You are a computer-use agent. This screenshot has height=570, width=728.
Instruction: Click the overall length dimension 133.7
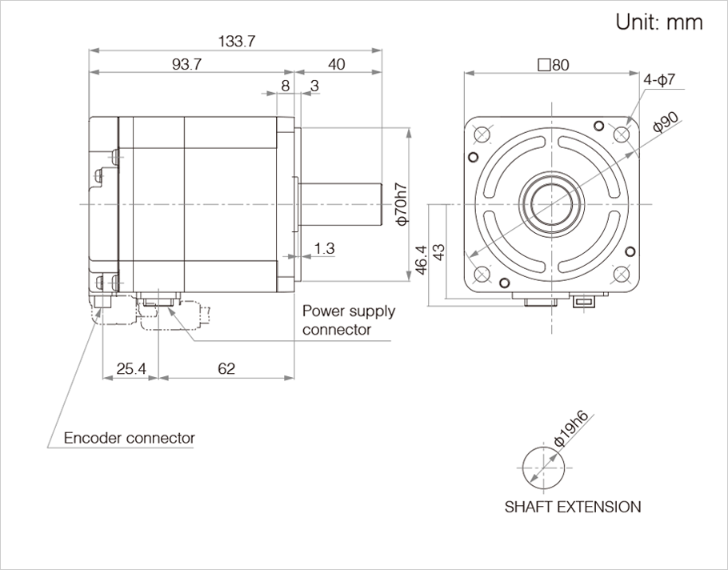click(x=235, y=42)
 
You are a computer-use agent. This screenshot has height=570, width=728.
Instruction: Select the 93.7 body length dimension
click(x=186, y=65)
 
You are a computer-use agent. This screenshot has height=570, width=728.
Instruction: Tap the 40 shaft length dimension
click(x=337, y=65)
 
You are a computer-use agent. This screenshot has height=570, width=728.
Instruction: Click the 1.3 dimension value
click(x=324, y=248)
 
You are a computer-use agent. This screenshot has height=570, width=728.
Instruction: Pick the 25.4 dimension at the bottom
click(x=130, y=368)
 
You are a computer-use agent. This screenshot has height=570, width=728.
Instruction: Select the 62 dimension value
click(x=226, y=368)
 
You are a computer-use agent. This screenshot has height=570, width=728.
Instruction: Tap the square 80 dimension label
click(x=554, y=65)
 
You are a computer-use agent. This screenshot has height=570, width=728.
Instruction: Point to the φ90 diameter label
click(x=666, y=122)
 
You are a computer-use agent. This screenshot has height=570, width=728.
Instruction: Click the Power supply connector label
click(x=348, y=320)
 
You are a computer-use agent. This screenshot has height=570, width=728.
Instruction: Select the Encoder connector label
click(x=129, y=438)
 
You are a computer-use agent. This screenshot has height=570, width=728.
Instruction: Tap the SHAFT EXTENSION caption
click(x=573, y=507)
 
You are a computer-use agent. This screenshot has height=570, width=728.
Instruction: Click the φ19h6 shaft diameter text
click(x=571, y=428)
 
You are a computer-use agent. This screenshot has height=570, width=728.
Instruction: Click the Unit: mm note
click(x=659, y=22)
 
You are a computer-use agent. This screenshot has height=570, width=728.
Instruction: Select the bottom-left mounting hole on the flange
click(x=482, y=274)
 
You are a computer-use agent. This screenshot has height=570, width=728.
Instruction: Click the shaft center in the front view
click(x=551, y=203)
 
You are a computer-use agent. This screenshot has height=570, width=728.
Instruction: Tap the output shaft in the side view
click(x=339, y=203)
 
